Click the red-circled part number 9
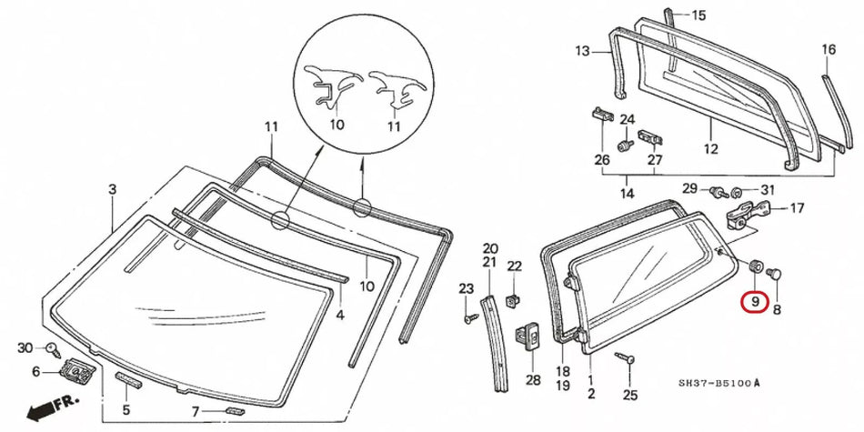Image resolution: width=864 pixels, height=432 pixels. (754, 299)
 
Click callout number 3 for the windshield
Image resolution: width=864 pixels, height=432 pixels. (112, 189)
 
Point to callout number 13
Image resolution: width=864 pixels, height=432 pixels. (583, 50)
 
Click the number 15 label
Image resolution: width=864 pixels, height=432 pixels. (698, 15)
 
